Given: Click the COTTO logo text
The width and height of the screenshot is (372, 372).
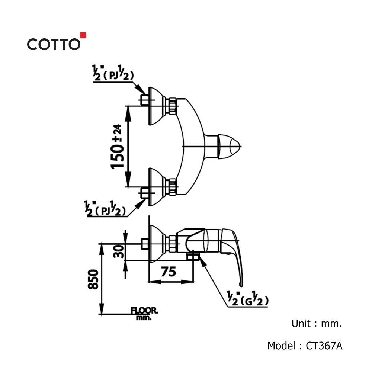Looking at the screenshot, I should (x=53, y=44).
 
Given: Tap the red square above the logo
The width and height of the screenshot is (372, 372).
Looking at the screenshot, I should (x=83, y=35).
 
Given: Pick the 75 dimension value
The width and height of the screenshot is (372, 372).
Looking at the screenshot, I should (x=169, y=272).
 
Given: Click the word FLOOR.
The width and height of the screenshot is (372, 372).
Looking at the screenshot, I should (x=144, y=310).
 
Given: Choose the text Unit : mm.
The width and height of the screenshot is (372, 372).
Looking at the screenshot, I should (x=316, y=324).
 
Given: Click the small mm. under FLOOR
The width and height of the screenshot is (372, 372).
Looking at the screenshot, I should (x=142, y=318).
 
